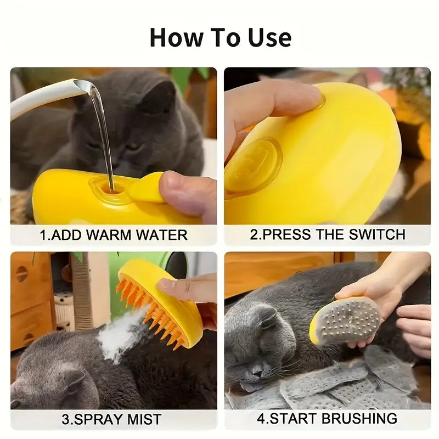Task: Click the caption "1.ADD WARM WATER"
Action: point(114,235)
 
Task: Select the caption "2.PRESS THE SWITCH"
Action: point(328,234)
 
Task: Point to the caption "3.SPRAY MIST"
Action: point(111,420)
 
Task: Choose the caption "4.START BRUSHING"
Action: point(327,419)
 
